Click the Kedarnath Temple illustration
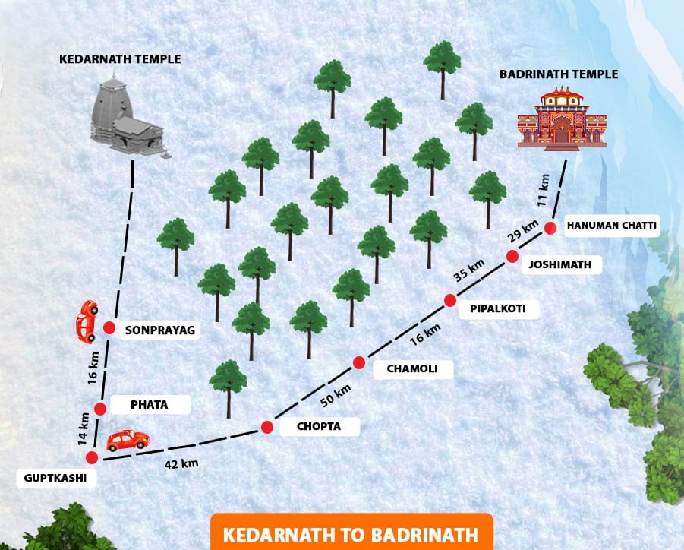125,117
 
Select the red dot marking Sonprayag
109,328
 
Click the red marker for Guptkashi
93,457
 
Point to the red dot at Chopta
267,427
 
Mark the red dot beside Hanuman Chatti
551,227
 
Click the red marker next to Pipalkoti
450,300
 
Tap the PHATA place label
149,405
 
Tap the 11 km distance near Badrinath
543,189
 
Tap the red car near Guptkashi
128,440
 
